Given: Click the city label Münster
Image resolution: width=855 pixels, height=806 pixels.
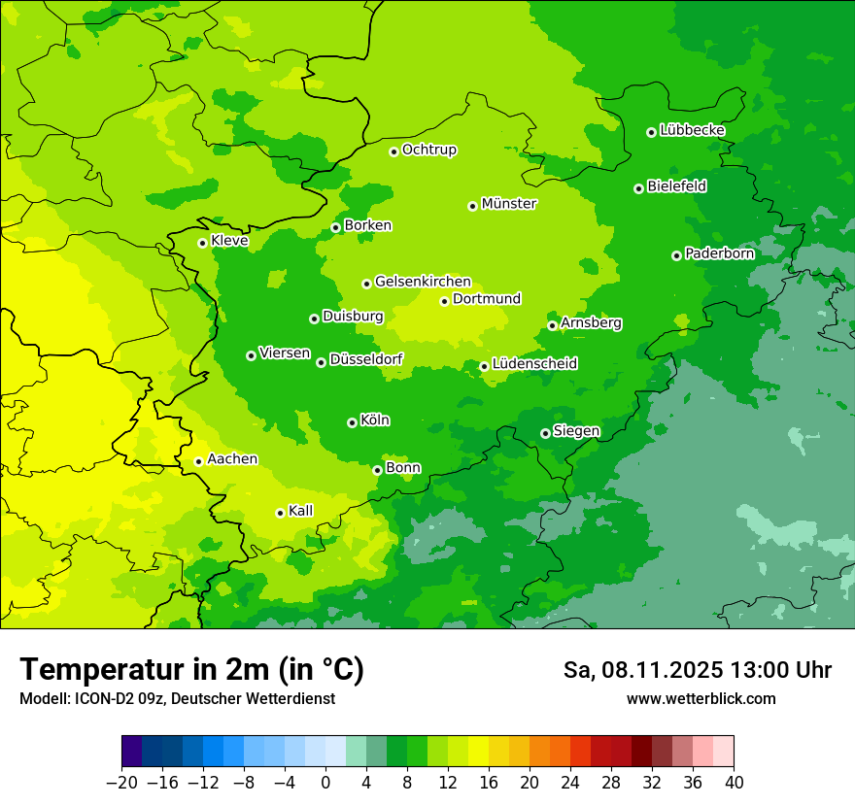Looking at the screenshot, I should tap(509, 204).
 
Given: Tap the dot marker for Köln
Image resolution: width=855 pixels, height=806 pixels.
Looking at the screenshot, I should tap(352, 422).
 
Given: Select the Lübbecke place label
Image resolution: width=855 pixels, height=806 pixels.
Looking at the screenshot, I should tap(692, 130).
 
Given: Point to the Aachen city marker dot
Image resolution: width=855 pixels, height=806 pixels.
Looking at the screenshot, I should tap(198, 461).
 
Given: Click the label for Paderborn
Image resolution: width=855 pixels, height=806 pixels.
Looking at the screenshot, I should tap(719, 253).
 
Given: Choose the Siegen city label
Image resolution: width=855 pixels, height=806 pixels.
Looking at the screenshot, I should tap(576, 431).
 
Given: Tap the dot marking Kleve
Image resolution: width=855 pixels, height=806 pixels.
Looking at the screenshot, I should tap(202, 243).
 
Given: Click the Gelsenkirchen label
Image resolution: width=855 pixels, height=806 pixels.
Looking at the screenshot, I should tap(423, 282).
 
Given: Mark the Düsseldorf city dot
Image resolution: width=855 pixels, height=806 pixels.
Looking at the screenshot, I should tap(321, 362).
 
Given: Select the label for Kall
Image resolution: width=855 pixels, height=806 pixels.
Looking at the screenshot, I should tap(301, 511).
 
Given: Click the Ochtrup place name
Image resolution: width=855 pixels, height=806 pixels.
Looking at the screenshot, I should tap(429, 150).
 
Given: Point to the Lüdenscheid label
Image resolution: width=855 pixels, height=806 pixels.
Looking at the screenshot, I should tap(534, 364).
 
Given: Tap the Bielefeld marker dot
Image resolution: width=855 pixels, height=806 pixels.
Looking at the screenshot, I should tap(638, 188).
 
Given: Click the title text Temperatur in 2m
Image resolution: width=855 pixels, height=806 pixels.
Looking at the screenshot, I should tap(191, 670).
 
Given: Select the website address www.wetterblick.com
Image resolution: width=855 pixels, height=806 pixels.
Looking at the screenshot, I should tap(701, 699).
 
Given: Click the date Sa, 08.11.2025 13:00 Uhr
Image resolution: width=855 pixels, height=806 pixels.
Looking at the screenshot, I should tap(697, 670).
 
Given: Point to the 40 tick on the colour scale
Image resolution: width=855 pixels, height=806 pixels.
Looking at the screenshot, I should tap(734, 783).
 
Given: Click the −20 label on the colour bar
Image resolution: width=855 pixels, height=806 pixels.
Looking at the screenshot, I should tap(121, 783).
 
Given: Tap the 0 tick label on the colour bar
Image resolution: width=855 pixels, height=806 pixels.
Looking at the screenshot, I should tap(325, 783).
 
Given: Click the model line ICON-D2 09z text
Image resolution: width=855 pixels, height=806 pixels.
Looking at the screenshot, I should tap(177, 699).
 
